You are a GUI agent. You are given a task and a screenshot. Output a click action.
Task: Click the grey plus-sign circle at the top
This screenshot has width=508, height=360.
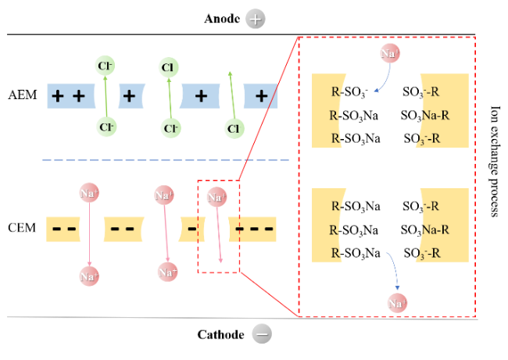(255, 20)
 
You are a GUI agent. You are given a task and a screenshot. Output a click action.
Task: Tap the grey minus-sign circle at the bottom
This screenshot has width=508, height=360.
(263, 333)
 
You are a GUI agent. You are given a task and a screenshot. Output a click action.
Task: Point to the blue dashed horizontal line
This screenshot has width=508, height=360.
(164, 160)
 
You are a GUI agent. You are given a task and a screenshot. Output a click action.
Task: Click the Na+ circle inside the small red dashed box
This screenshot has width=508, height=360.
(217, 197)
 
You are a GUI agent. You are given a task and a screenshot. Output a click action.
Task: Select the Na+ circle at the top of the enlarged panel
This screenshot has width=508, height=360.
(390, 53)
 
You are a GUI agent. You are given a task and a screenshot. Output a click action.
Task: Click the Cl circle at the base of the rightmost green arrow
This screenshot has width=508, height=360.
(234, 127)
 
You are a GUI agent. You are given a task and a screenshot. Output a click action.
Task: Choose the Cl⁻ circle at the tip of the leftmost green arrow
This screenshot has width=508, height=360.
(105, 65)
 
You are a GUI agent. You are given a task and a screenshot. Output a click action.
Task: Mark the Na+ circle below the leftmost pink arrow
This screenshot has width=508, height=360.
(89, 275)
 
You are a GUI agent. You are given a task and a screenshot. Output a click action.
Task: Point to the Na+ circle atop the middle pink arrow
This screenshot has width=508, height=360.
(163, 194)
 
